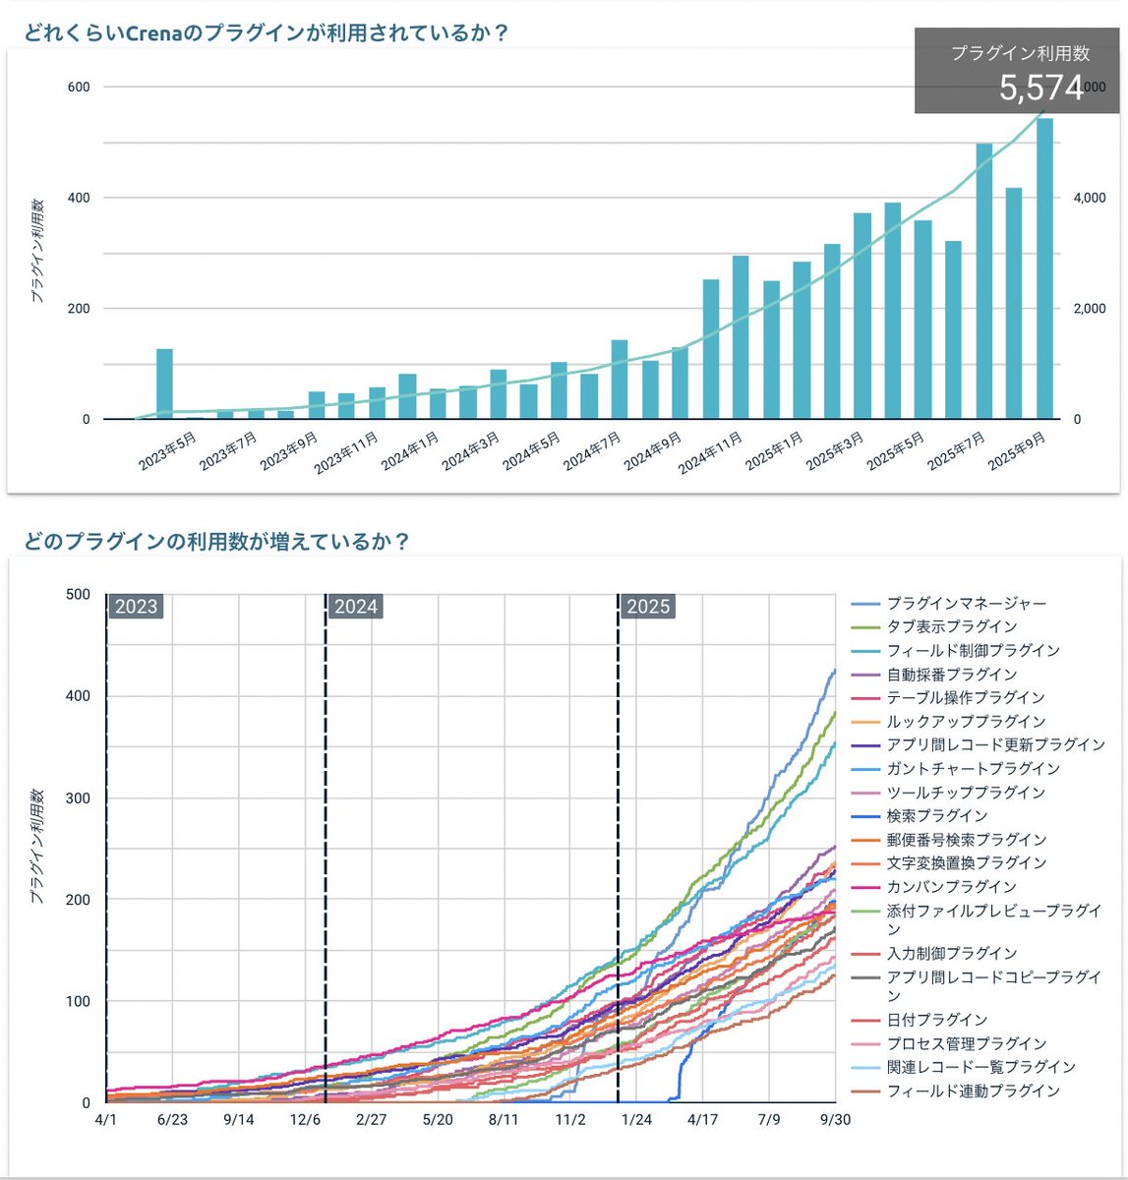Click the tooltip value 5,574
coord(1040,88)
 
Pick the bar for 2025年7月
coord(983,281)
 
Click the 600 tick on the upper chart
coord(79,87)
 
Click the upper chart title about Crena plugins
coord(266,32)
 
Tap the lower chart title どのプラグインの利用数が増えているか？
coord(216,541)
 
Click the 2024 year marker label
coord(356,607)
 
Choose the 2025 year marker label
coord(648,607)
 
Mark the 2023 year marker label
coord(136,607)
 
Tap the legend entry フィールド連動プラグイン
coord(973,1091)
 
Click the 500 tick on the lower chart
coord(78,594)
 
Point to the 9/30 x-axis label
coord(835,1119)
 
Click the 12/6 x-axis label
coord(306,1119)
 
